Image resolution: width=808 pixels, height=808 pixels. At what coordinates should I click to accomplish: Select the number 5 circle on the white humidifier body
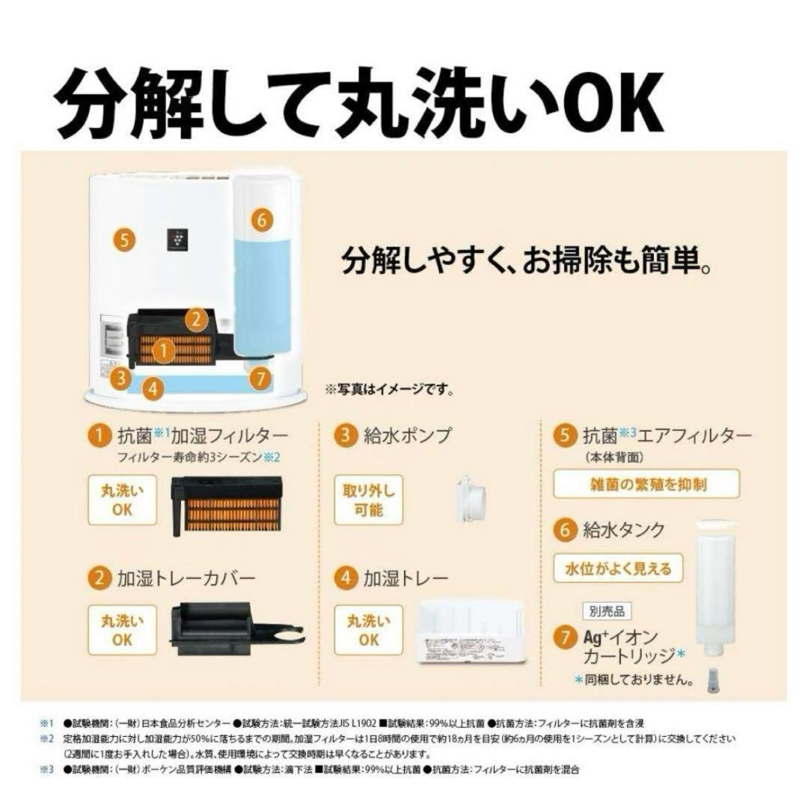coord(125,240)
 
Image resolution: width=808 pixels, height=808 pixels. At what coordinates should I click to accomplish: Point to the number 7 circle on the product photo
coord(260,378)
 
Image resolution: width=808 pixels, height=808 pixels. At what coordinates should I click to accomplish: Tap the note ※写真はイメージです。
coord(389,389)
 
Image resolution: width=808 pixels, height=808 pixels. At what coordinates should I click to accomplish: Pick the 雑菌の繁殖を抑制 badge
coord(646,484)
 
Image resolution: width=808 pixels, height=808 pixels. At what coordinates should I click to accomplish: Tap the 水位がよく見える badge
coord(613,568)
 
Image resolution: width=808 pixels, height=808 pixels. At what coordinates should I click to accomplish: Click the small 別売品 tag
coord(606,611)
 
